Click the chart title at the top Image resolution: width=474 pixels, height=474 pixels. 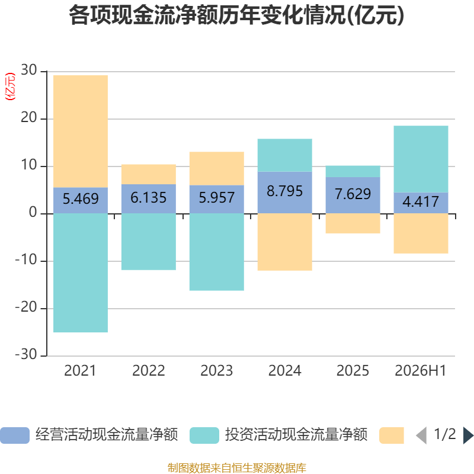tap(236, 15)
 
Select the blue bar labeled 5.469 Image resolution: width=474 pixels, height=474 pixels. tap(81, 200)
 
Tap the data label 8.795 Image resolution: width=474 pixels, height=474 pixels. tap(284, 191)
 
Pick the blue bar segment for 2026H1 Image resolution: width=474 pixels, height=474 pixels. tap(421, 203)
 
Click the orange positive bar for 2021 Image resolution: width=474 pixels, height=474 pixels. tap(81, 131)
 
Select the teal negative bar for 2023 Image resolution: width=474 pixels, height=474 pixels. tap(217, 252)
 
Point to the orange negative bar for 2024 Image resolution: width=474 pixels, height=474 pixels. tap(285, 242)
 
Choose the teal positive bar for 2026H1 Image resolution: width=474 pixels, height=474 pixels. tap(421, 159)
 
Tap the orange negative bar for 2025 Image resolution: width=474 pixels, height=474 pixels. tap(353, 223)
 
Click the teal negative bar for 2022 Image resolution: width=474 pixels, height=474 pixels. tap(149, 242)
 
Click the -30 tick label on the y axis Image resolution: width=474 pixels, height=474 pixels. tap(26, 354)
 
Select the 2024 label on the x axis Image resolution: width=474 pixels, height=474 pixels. tap(285, 371)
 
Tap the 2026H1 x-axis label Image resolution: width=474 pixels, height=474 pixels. tap(421, 371)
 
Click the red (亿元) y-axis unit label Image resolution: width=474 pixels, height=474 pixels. tap(10, 87)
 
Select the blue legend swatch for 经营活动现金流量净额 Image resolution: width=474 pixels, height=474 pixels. tap(15, 435)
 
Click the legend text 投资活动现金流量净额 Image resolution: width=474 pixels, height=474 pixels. tap(296, 434)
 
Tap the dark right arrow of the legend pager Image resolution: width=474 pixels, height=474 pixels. tap(468, 435)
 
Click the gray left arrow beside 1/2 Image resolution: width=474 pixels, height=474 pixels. tap(421, 435)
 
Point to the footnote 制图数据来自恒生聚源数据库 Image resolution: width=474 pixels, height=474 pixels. tap(237, 467)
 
